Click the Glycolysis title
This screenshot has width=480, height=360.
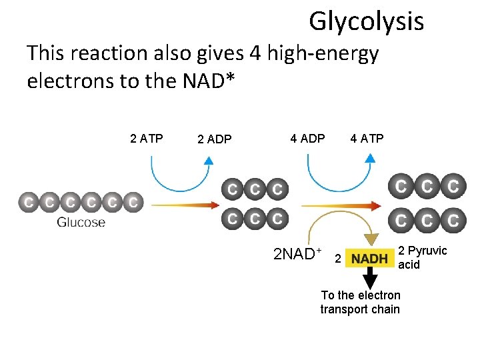point(366,22)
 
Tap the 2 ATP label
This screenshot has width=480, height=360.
point(147,139)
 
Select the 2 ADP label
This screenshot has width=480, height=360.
point(215,139)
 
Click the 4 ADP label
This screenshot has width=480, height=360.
point(307,139)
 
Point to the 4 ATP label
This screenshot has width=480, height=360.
point(367,139)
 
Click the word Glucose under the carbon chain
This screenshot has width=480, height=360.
point(81,222)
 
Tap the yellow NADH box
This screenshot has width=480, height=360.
point(370,258)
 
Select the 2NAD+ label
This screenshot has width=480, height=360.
point(298,254)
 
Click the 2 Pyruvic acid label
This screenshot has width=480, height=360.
point(421,257)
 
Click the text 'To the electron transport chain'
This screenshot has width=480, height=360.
point(360,302)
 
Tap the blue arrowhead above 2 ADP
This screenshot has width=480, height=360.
point(208,160)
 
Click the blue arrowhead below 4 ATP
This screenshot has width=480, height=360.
point(371,159)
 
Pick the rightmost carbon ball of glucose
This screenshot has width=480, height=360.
point(134,201)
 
